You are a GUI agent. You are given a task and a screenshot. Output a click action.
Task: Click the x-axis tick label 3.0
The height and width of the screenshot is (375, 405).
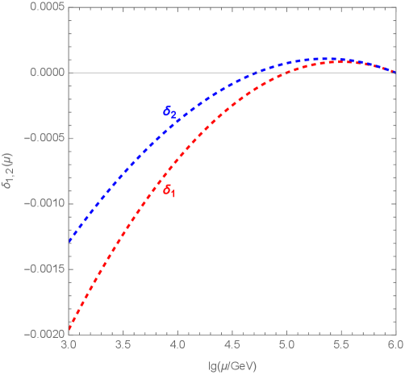click(69, 343)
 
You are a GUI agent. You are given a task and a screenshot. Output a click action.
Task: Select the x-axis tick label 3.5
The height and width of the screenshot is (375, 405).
click(123, 343)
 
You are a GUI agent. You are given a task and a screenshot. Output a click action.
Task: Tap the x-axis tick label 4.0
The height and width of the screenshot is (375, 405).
click(177, 343)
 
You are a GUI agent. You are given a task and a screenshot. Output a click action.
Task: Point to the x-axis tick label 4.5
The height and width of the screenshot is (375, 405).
click(232, 343)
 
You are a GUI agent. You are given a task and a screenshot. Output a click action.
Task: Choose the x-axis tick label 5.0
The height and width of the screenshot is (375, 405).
click(286, 343)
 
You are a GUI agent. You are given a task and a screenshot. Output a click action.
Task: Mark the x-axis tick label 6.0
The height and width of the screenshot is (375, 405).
click(395, 343)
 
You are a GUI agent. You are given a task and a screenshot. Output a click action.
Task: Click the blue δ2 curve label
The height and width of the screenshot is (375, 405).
click(170, 114)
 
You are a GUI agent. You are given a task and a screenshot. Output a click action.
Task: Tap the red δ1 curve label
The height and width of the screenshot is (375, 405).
click(169, 191)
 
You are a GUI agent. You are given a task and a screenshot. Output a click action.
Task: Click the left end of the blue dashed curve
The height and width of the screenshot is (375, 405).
click(69, 240)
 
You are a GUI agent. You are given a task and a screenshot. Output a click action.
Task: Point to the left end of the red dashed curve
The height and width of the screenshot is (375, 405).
click(69, 327)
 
